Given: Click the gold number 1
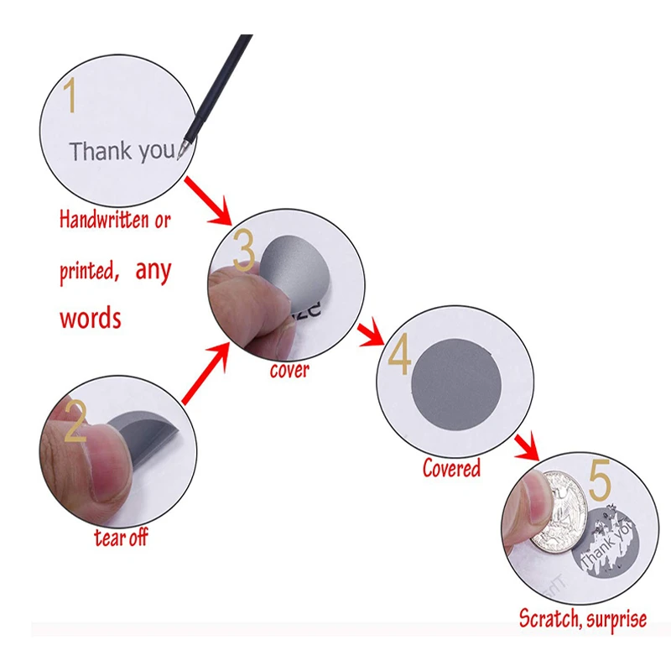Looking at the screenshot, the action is click(x=71, y=96).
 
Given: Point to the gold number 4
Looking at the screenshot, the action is click(x=399, y=357).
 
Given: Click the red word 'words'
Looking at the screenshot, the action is click(x=90, y=318).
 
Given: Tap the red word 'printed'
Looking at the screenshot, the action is click(x=87, y=272).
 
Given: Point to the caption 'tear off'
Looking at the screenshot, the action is click(x=121, y=537).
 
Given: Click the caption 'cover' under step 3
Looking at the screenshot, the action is click(x=289, y=370).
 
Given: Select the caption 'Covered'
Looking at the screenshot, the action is click(x=451, y=467).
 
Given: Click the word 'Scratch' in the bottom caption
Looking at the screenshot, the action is click(x=549, y=619).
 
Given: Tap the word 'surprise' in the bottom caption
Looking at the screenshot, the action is click(x=615, y=620).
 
